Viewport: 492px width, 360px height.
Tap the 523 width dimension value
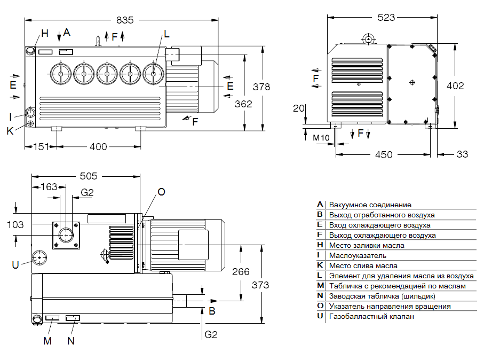(386, 18)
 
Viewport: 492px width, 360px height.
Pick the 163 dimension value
(49, 187)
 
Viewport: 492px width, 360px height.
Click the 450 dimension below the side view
(383, 155)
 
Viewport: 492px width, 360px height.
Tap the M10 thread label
(321, 138)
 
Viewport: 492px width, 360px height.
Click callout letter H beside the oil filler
(45, 33)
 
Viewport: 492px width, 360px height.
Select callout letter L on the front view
(167, 34)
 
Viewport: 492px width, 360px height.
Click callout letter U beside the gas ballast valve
(15, 264)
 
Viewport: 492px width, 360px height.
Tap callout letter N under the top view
(71, 340)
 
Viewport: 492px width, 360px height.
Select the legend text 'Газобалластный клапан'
(371, 316)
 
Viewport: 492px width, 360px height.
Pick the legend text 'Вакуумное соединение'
(370, 205)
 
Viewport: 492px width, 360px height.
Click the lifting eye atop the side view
(368, 38)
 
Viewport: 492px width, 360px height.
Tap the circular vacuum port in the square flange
(67, 234)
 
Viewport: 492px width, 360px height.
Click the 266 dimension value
(241, 272)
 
